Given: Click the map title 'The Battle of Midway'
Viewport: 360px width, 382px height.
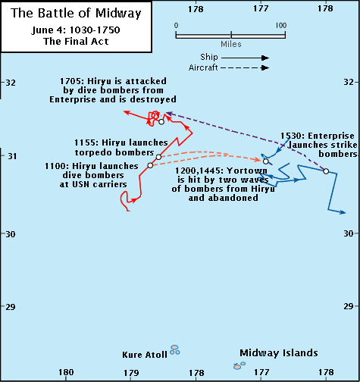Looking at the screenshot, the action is click(x=76, y=13).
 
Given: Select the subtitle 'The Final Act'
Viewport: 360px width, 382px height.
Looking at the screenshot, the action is click(x=76, y=41).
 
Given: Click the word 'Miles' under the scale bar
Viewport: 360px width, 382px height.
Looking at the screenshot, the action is click(x=231, y=44).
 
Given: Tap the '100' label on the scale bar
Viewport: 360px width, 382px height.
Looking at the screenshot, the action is click(x=281, y=25).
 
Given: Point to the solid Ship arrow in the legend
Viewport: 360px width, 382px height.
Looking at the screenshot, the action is click(x=245, y=58).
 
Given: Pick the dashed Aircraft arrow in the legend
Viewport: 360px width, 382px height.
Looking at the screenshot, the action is click(x=245, y=67).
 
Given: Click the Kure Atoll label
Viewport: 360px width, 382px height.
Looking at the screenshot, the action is click(x=145, y=355).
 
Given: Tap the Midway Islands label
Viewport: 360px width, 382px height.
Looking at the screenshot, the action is click(x=279, y=352).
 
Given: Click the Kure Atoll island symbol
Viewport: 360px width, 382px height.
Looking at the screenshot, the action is click(x=174, y=350).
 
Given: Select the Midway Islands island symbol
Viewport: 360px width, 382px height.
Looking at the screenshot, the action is click(x=239, y=365).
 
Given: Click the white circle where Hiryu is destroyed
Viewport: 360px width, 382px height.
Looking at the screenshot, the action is click(x=161, y=122).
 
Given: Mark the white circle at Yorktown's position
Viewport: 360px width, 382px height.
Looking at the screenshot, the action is click(x=265, y=161).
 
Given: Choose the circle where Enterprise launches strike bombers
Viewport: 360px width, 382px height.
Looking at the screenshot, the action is click(x=326, y=171).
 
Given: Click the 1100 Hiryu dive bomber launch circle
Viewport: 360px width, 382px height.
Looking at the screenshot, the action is click(x=150, y=165).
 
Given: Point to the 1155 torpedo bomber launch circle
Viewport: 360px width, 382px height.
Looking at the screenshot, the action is click(x=158, y=157).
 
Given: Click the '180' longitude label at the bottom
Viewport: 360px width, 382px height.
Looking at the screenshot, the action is click(x=66, y=372).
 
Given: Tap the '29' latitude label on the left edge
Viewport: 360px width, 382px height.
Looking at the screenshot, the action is click(x=11, y=307).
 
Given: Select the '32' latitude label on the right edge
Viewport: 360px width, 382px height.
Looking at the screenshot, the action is click(x=349, y=82).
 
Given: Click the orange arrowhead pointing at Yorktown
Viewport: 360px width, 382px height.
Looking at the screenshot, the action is click(x=258, y=159).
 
